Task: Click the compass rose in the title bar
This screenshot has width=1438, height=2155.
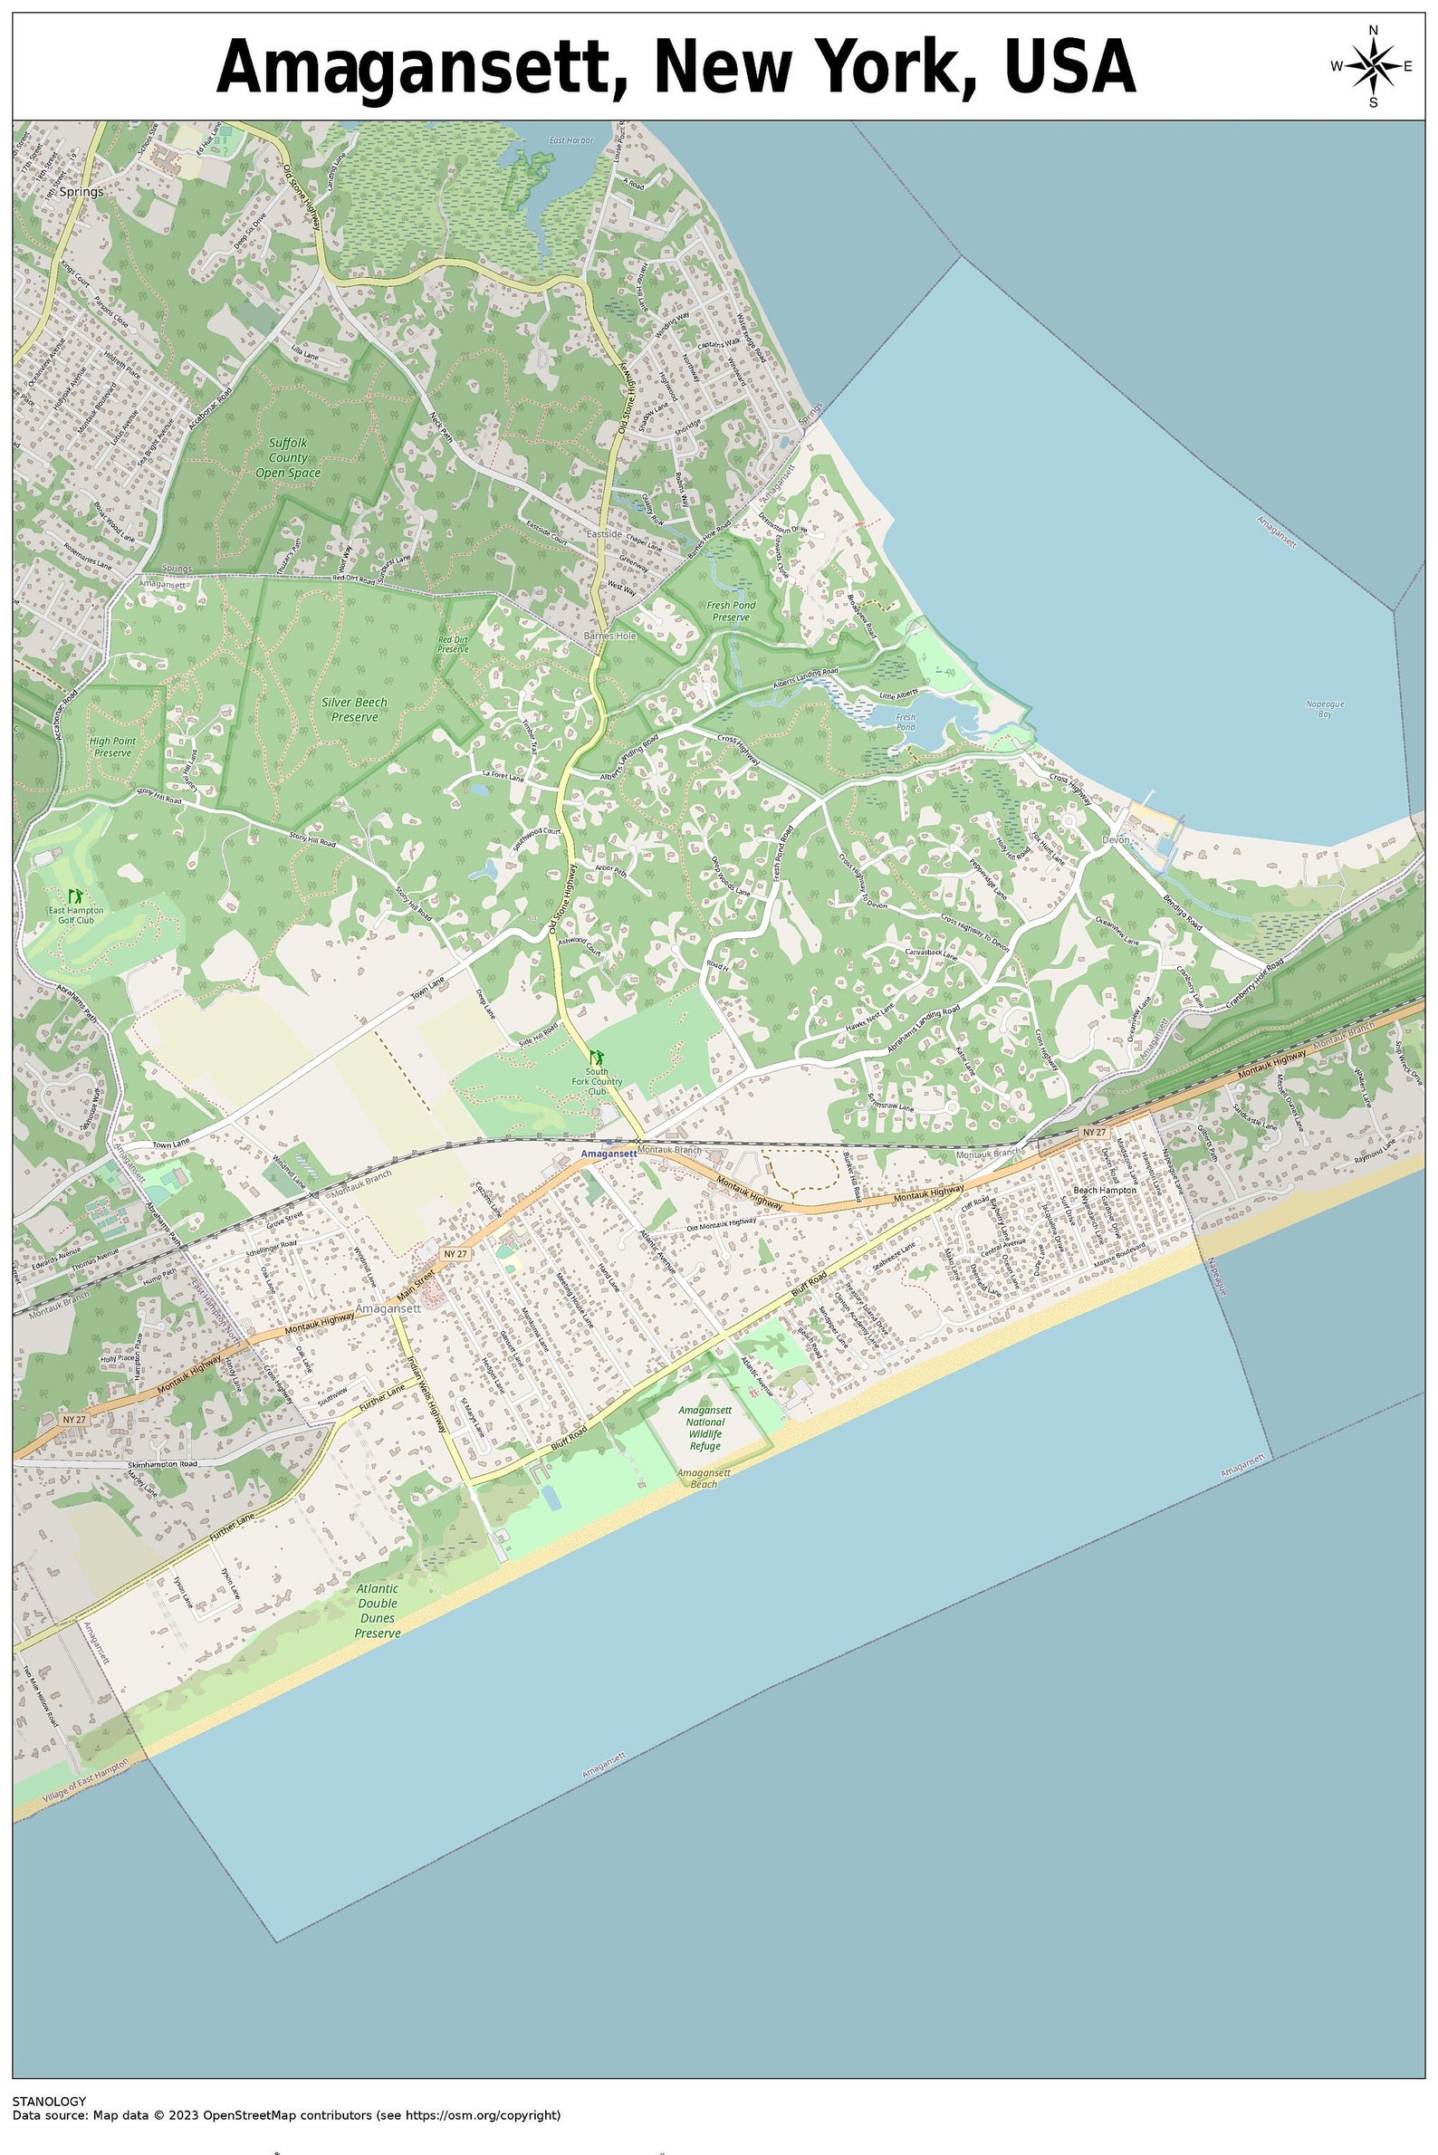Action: [1372, 66]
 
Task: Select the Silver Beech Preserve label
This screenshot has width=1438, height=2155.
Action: [354, 709]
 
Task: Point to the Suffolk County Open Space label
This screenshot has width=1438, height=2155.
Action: [288, 457]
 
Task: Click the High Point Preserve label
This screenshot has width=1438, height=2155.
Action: [113, 745]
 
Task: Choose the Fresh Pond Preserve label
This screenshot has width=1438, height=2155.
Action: [731, 611]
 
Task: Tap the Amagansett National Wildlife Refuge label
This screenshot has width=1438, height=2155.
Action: [705, 1428]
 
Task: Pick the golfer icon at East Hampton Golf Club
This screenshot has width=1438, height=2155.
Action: [76, 894]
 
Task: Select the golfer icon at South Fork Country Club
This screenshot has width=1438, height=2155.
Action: [597, 1057]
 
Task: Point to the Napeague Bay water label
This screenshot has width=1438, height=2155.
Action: [1324, 708]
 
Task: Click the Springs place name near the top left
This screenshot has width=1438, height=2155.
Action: [81, 193]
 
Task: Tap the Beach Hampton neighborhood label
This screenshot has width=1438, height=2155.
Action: [1104, 1191]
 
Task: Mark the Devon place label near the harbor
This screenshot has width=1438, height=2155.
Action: [1116, 839]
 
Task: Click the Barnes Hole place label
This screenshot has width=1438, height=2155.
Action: [609, 636]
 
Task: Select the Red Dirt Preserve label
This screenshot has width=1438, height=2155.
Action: [452, 644]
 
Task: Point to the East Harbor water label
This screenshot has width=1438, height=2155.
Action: [571, 140]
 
